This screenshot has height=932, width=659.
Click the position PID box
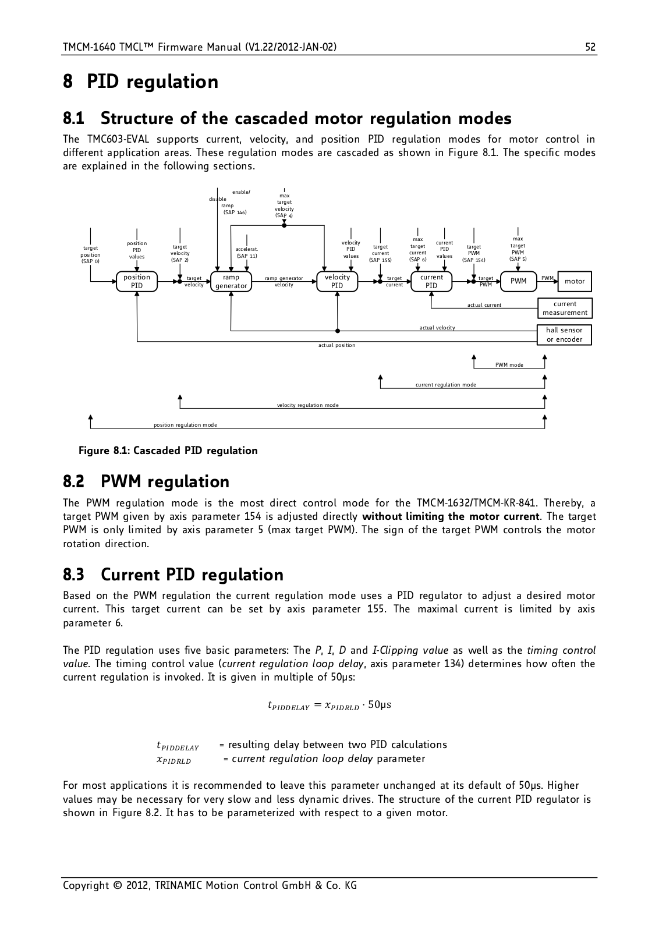coord(136,281)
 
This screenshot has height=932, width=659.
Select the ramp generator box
coord(231,281)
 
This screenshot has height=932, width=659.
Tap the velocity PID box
coord(337,281)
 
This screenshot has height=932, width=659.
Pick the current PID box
coord(431,281)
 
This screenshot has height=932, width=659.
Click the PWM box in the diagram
coord(518,281)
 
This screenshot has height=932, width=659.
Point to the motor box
coord(575,281)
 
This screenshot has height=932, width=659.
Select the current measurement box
coord(565,309)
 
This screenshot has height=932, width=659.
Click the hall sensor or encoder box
coord(565,335)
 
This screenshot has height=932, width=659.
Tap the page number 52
coord(590,47)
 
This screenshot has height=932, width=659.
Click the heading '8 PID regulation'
coord(141,81)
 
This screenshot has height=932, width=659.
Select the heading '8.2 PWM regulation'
coord(146,482)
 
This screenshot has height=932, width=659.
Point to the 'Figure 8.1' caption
coord(168,451)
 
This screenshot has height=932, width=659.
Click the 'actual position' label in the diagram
coord(337,345)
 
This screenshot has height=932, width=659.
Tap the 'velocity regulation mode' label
coord(308,405)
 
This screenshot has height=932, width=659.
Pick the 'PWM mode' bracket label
coord(509,365)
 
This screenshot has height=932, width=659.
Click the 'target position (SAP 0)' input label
coord(90,254)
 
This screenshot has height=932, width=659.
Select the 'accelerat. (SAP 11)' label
coord(247,253)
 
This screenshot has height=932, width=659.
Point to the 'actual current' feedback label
coord(484,305)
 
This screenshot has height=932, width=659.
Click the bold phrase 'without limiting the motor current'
coord(451,516)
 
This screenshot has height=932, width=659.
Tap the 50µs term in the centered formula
coord(380,705)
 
